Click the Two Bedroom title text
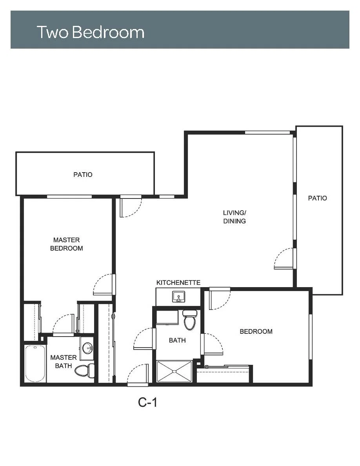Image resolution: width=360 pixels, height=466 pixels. click(91, 32)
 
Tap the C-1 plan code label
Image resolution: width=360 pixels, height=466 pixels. click(147, 402)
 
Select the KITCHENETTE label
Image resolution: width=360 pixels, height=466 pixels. click(178, 283)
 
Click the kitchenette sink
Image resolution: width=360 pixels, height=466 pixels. click(178, 297)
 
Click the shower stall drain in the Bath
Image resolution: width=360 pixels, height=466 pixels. click(175, 371)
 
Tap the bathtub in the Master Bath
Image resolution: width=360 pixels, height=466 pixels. click(35, 364)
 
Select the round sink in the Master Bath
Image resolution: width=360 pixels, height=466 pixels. click(87, 348)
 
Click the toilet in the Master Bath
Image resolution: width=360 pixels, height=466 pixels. click(84, 370)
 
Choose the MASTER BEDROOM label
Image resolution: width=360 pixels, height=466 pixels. click(67, 244)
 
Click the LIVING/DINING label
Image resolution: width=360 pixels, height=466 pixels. click(235, 217)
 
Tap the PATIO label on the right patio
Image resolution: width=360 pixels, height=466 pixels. click(317, 198)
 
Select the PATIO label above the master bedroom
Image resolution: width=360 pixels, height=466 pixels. click(83, 175)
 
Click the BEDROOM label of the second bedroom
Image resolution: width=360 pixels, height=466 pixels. click(256, 331)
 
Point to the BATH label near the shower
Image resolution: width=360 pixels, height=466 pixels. click(177, 340)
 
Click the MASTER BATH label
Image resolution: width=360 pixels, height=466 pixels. click(64, 361)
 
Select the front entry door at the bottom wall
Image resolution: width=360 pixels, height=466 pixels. click(138, 375)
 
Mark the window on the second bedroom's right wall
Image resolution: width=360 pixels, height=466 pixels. click(311, 337)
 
